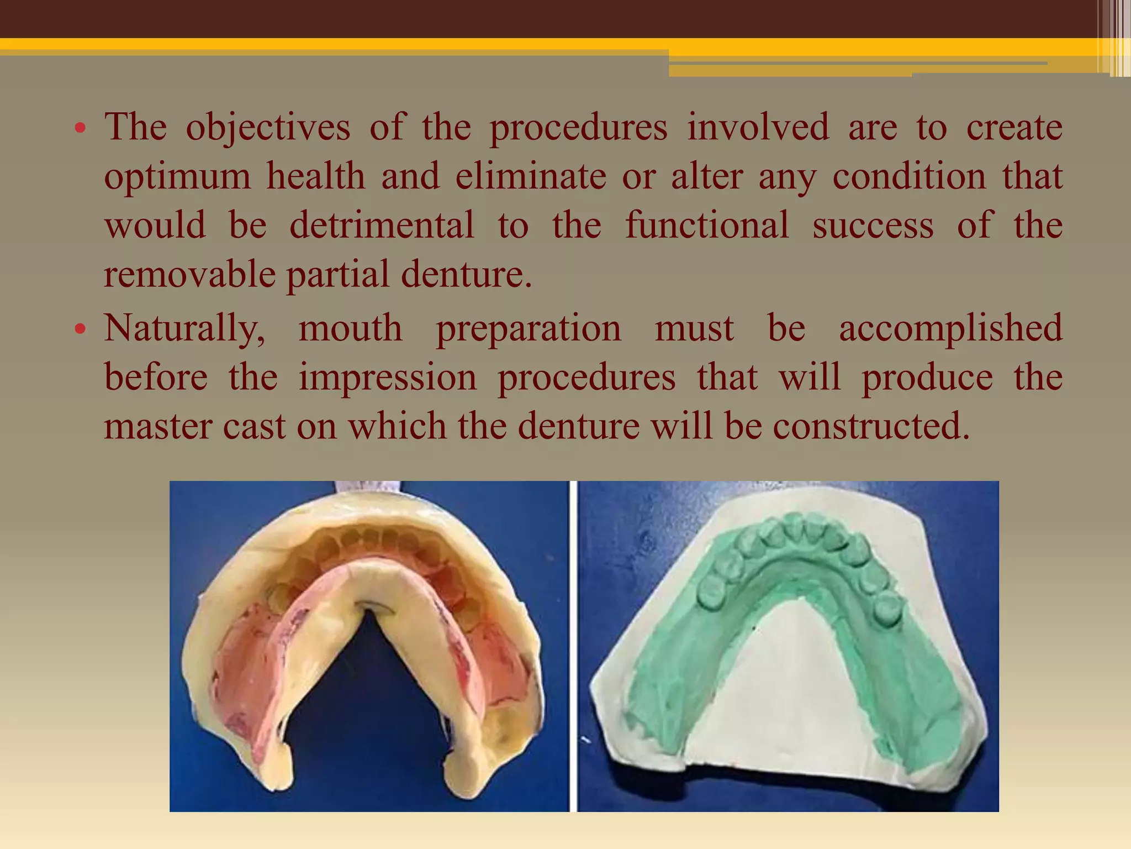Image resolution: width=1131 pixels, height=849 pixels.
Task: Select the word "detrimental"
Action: (x=382, y=225)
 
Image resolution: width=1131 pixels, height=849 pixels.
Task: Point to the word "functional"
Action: (x=707, y=225)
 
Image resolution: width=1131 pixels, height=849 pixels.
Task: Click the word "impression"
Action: (x=388, y=378)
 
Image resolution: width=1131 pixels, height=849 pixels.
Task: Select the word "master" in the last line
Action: (x=158, y=426)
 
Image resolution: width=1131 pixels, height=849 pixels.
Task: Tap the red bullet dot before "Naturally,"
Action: (x=81, y=330)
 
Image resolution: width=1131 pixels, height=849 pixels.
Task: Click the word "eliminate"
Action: (x=531, y=177)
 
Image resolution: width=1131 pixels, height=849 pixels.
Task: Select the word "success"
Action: (x=873, y=225)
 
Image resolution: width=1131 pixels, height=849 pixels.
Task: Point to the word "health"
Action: (x=316, y=177)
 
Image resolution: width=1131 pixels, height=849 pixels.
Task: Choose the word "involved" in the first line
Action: (x=758, y=127)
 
